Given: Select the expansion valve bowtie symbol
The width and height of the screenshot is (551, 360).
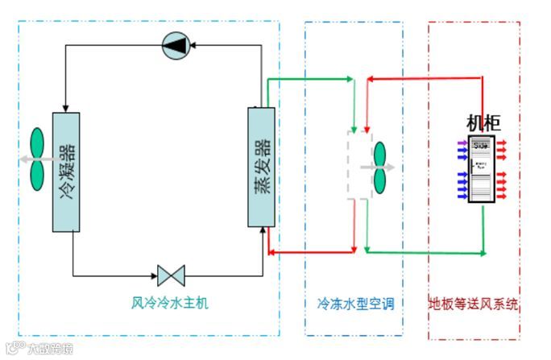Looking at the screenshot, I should coord(171,275).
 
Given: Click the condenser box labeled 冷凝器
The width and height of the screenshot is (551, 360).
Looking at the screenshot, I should coord(66,171).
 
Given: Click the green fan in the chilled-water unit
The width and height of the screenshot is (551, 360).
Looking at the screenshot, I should coord(379,168).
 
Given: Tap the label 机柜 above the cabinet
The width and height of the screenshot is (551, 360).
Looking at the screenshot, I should coord(483,123).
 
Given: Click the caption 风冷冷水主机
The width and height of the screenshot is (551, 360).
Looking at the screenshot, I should coord(170,303).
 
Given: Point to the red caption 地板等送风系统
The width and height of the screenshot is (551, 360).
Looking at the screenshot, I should coord(473,304).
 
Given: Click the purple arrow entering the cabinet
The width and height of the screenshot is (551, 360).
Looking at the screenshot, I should coord(462,145).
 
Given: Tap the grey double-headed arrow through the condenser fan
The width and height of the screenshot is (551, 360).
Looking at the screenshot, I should coord(36,159).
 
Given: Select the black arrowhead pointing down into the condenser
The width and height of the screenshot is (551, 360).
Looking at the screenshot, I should coord(65,108).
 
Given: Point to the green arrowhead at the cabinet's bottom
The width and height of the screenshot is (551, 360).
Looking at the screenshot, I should coord(483,253).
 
